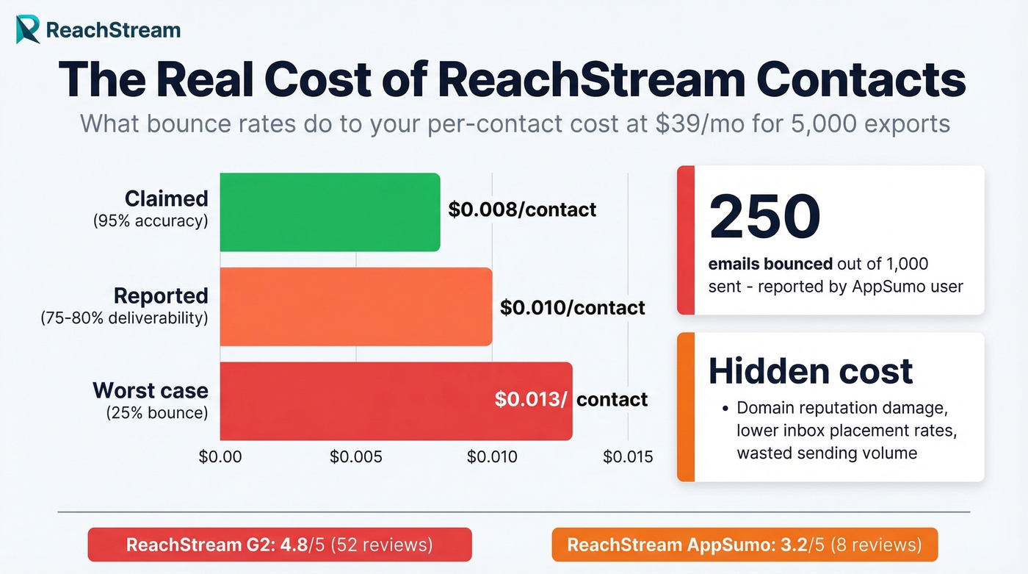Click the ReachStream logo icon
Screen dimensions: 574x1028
(28, 29)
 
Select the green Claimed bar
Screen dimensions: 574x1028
(330, 212)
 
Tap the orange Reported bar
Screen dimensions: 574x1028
(356, 306)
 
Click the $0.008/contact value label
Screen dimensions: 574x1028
(522, 210)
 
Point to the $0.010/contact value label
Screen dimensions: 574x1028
(573, 307)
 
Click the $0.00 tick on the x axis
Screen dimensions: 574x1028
(220, 456)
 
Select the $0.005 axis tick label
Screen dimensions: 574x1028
(356, 456)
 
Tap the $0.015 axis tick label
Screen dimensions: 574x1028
(628, 456)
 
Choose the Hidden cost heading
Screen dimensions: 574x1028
(811, 371)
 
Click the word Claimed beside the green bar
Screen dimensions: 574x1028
(166, 199)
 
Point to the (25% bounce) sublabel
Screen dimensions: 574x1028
(157, 413)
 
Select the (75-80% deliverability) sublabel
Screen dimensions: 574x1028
(124, 318)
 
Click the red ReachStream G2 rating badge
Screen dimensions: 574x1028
(279, 545)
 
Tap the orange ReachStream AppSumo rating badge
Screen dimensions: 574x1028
(744, 545)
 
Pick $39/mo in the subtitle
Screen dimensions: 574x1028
(680, 123)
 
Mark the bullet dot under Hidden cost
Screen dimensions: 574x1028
(725, 408)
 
